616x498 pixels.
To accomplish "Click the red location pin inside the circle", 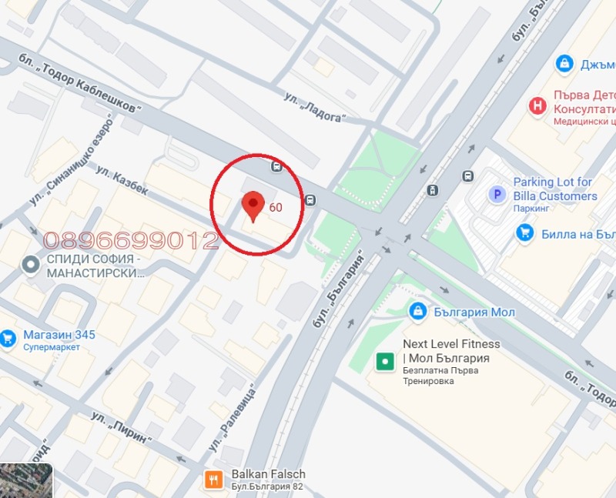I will pos(253,206).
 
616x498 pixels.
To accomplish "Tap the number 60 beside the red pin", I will pos(276,207).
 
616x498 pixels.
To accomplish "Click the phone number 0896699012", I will pos(131,241).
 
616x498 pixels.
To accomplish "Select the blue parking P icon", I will pos(497,195).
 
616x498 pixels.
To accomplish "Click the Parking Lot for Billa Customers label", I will pos(554,189).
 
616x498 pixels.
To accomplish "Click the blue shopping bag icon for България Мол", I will pos(417,311).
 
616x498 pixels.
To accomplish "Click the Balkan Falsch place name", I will pos(268,474).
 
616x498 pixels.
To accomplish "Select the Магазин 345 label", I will pos(59,335).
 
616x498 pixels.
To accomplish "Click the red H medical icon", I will pos(537,105).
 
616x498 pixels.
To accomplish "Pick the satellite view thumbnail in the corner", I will pos(25,480).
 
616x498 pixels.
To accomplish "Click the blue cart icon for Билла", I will pos(525,232).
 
